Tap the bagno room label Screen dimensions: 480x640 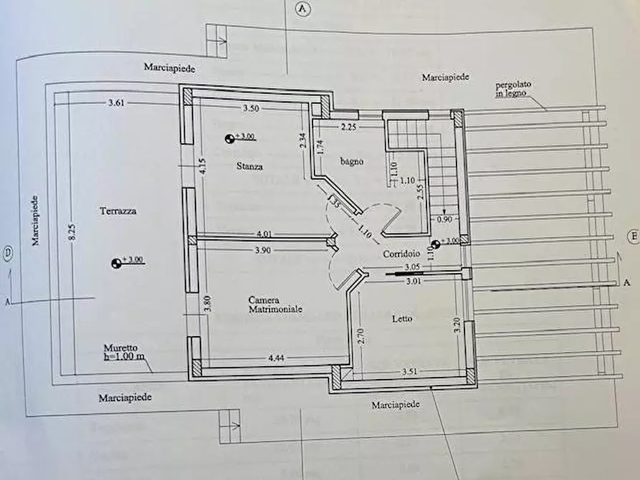(x=352, y=161)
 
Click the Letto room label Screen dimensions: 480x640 (x=402, y=318)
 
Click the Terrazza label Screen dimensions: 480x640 (x=119, y=211)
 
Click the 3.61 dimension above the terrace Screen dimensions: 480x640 (x=116, y=102)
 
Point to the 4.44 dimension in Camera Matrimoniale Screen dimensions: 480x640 (x=277, y=357)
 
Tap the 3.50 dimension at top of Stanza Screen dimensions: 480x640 (x=250, y=108)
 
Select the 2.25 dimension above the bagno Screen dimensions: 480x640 (x=348, y=127)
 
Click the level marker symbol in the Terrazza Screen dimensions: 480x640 (x=116, y=263)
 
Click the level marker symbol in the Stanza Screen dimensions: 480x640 (x=229, y=139)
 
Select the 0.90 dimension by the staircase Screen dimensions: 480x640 (x=444, y=219)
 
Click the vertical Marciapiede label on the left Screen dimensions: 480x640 (x=35, y=219)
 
